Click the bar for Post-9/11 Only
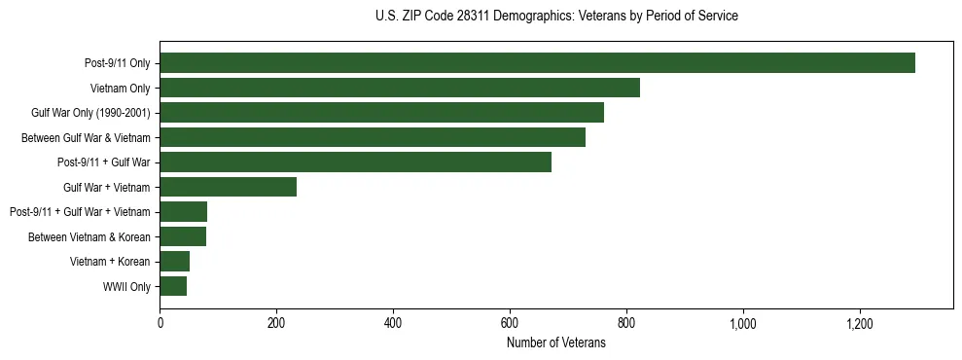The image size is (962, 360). [x=537, y=63]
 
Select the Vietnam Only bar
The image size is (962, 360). [x=400, y=88]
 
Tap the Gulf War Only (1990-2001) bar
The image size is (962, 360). [x=381, y=113]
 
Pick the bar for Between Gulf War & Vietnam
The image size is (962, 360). [x=373, y=137]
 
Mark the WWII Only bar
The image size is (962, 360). [x=173, y=286]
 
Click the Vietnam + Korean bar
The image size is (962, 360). [x=174, y=261]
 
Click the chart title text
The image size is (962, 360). [x=556, y=17]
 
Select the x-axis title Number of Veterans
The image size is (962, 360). [x=556, y=343]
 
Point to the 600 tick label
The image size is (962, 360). [x=510, y=322]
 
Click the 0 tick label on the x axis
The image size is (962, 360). [x=160, y=322]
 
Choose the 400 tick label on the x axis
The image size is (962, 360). [x=393, y=322]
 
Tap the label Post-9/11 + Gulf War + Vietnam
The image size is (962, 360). [x=80, y=212]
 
